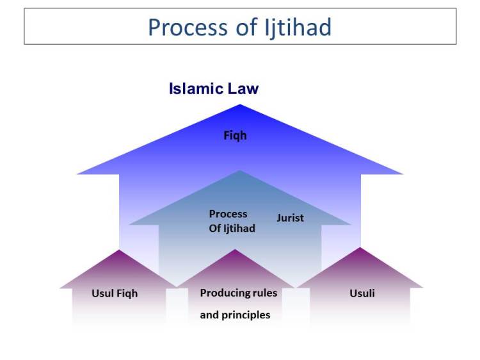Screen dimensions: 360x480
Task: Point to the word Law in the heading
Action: tap(244, 88)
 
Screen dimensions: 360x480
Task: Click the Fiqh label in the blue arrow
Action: tap(235, 136)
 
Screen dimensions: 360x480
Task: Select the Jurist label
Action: tap(290, 218)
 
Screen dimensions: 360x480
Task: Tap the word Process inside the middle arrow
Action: tap(228, 214)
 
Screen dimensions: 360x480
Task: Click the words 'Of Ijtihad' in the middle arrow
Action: tap(232, 228)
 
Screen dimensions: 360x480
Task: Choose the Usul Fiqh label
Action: tap(115, 294)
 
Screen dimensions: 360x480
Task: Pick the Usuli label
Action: tap(362, 293)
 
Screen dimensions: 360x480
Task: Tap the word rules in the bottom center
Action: tap(264, 293)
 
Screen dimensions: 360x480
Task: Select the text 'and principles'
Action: tap(235, 315)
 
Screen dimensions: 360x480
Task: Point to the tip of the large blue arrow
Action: tap(240, 105)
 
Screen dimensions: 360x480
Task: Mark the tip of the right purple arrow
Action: tap(360, 248)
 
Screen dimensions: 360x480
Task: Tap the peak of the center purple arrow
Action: tap(236, 250)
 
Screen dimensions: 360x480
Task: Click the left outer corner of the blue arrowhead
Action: tap(77, 174)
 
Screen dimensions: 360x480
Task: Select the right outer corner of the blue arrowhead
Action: tap(403, 174)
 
